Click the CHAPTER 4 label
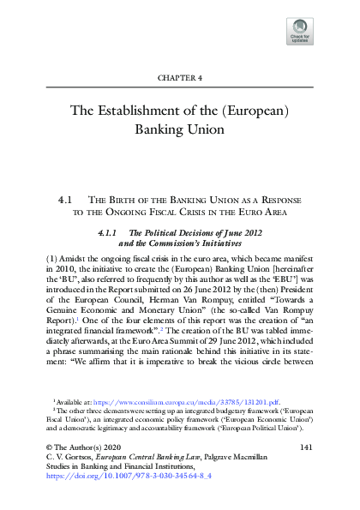click(179, 77)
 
